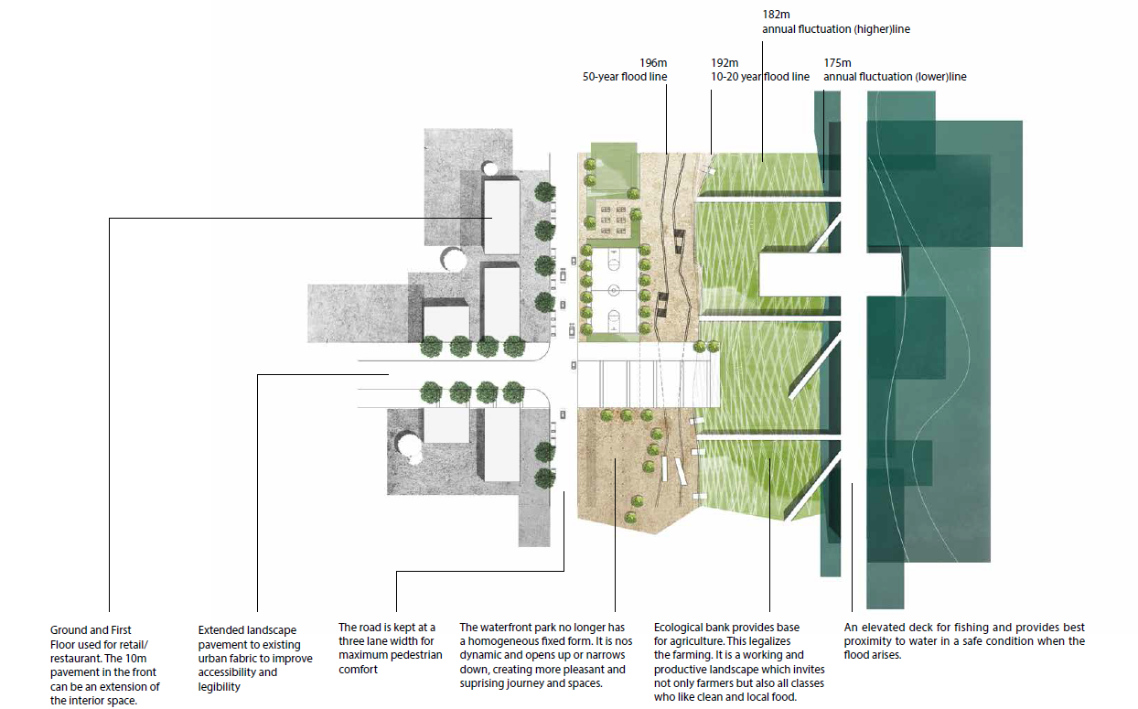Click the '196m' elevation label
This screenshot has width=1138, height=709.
click(x=652, y=63)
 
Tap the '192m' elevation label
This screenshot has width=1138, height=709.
click(x=724, y=63)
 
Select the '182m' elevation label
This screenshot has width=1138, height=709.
click(x=775, y=16)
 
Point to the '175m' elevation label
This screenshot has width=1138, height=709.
click(x=837, y=63)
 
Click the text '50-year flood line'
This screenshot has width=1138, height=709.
click(x=625, y=77)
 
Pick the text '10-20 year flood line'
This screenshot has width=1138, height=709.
click(x=760, y=77)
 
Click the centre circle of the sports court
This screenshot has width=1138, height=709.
click(x=612, y=293)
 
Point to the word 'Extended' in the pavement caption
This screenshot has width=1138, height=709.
click(x=220, y=630)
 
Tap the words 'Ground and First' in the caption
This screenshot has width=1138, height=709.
click(x=91, y=630)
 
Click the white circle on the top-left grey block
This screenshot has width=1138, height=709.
click(x=490, y=168)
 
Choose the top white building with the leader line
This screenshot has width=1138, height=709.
click(x=501, y=217)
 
